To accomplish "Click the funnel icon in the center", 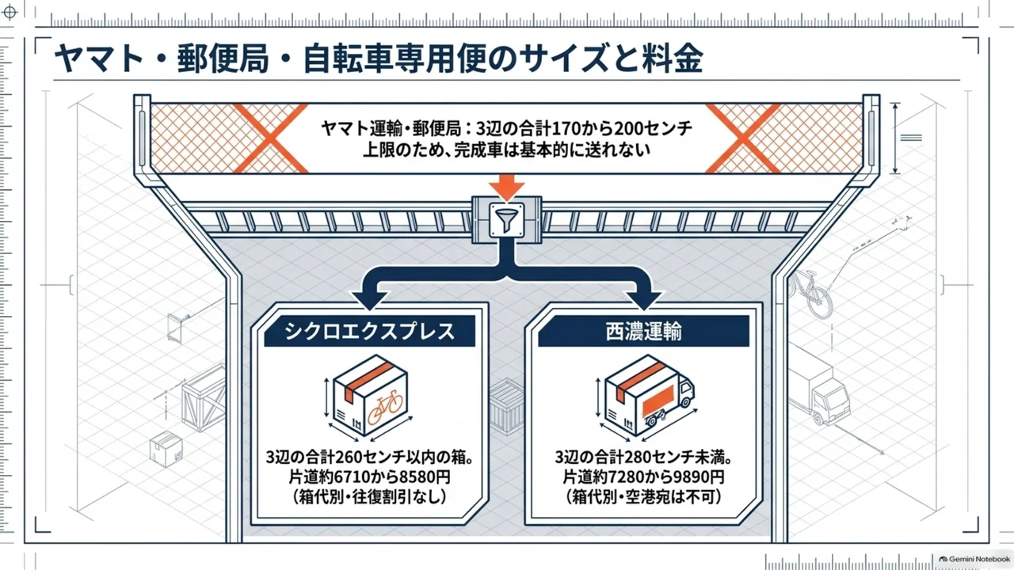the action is coord(506,220).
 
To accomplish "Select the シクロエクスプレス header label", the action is coord(369,331).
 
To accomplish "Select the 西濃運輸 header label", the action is coord(643,331).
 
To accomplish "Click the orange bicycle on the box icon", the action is coord(385,408).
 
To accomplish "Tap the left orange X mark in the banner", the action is coord(271,139).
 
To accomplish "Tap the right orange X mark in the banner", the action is coord(743,139).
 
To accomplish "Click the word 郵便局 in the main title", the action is coord(223,59).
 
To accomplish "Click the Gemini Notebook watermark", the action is coord(974,559).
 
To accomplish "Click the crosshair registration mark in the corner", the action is coord(10,12).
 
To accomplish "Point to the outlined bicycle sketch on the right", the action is coord(810,294).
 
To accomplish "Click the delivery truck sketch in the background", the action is coord(819,385).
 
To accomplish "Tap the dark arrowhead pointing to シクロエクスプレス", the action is coord(370,300).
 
